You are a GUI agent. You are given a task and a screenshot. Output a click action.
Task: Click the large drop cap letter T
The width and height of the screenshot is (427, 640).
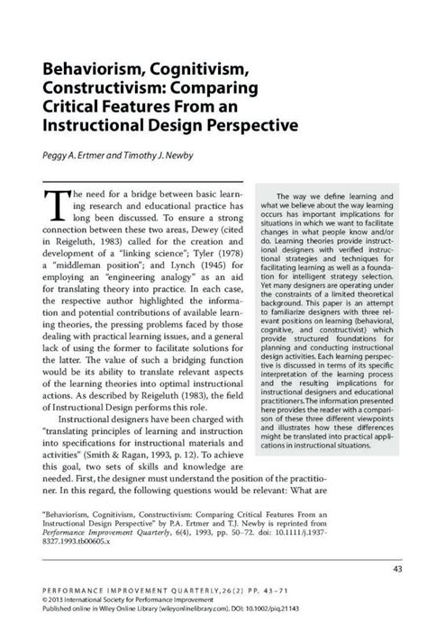55,206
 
